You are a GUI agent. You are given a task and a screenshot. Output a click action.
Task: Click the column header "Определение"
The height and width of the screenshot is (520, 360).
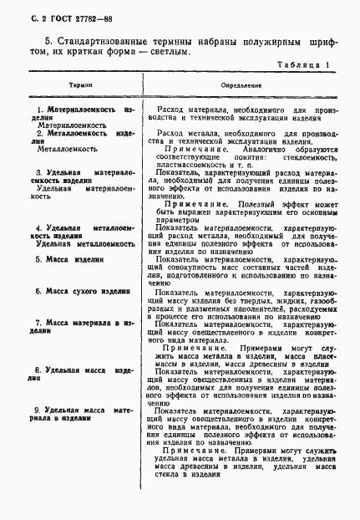(x=241, y=85)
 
